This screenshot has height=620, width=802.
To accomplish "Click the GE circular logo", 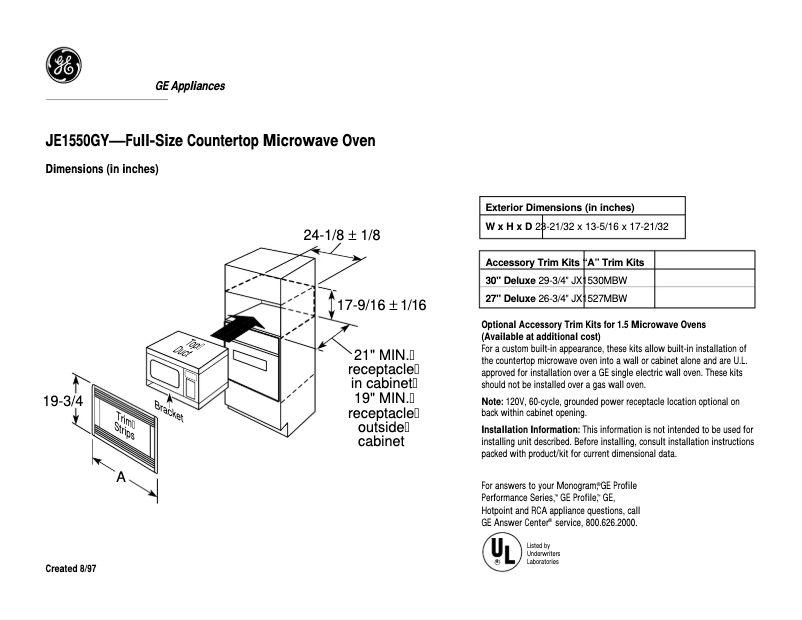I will coord(63,68).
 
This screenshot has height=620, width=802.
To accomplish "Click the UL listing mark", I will coord(500,551).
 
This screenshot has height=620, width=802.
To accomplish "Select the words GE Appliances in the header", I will coord(190,86).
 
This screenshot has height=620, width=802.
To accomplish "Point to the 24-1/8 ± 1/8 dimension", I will coord(342,235).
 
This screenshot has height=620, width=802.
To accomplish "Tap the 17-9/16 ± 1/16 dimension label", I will coord(382,304).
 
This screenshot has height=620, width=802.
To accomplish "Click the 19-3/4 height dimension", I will coord(62,401).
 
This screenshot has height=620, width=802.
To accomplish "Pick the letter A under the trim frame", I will coord(121,477).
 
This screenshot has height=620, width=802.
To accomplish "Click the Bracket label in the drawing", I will coord(169,410).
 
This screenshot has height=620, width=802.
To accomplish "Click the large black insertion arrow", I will coord(240,328).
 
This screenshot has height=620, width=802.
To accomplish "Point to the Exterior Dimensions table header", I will coord(560,206).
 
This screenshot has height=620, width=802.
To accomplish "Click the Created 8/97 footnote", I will coord(71,569).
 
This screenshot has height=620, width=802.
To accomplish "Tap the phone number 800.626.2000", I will coord(604,523).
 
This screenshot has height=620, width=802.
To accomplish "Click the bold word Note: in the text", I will coord(493,401).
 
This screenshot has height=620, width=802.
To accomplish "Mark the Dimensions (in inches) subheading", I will coord(102,169).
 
